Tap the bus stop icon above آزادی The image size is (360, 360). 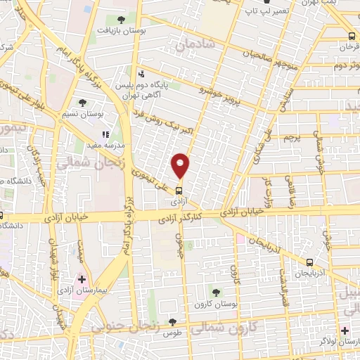pyautogui.click(x=179, y=190)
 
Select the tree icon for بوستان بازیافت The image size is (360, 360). pyautogui.click(x=122, y=20)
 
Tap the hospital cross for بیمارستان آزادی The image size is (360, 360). pyautogui.click(x=82, y=279)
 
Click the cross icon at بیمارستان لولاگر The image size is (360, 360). pyautogui.click(x=343, y=330)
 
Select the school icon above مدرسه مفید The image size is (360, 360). pyautogui.click(x=105, y=134)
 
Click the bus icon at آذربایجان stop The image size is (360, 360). pyautogui.click(x=309, y=262)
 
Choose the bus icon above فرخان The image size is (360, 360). pyautogui.click(x=352, y=36)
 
